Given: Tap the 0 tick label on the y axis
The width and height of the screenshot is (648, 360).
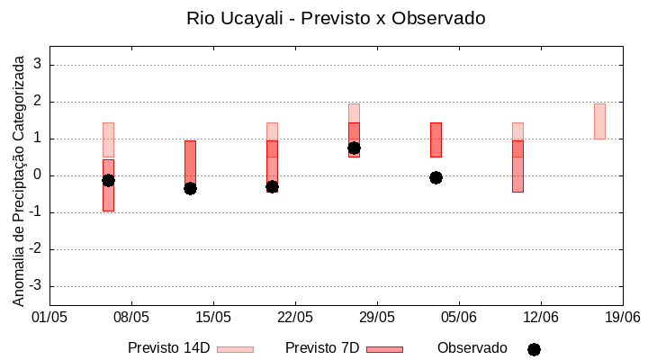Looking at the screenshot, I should point(38,175).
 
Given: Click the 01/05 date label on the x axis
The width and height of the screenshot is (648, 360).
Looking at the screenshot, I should point(49,317).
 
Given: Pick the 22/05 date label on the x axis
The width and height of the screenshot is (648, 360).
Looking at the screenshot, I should point(295,317).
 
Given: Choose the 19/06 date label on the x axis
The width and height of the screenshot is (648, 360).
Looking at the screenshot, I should point(622,317).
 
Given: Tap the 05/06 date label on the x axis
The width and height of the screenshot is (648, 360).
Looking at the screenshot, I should point(459,317).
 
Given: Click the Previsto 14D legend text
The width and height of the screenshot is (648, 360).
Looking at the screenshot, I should point(168,348).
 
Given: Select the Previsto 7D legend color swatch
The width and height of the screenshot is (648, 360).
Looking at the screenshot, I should point(384,349).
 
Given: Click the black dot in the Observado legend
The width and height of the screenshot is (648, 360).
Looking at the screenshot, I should point(534,349).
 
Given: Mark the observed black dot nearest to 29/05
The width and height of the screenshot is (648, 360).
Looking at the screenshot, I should point(354,148).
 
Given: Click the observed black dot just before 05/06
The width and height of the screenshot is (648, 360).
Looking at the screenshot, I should point(436,177).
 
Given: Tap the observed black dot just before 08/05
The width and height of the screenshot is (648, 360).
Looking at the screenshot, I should point(108,180).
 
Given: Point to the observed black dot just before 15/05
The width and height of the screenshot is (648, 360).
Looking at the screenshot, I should point(190,188).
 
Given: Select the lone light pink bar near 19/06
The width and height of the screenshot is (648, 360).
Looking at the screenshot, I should point(599,121).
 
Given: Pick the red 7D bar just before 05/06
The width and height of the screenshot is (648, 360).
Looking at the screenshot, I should point(436,139).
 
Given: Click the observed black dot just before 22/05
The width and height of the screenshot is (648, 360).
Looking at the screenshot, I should point(272,186).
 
